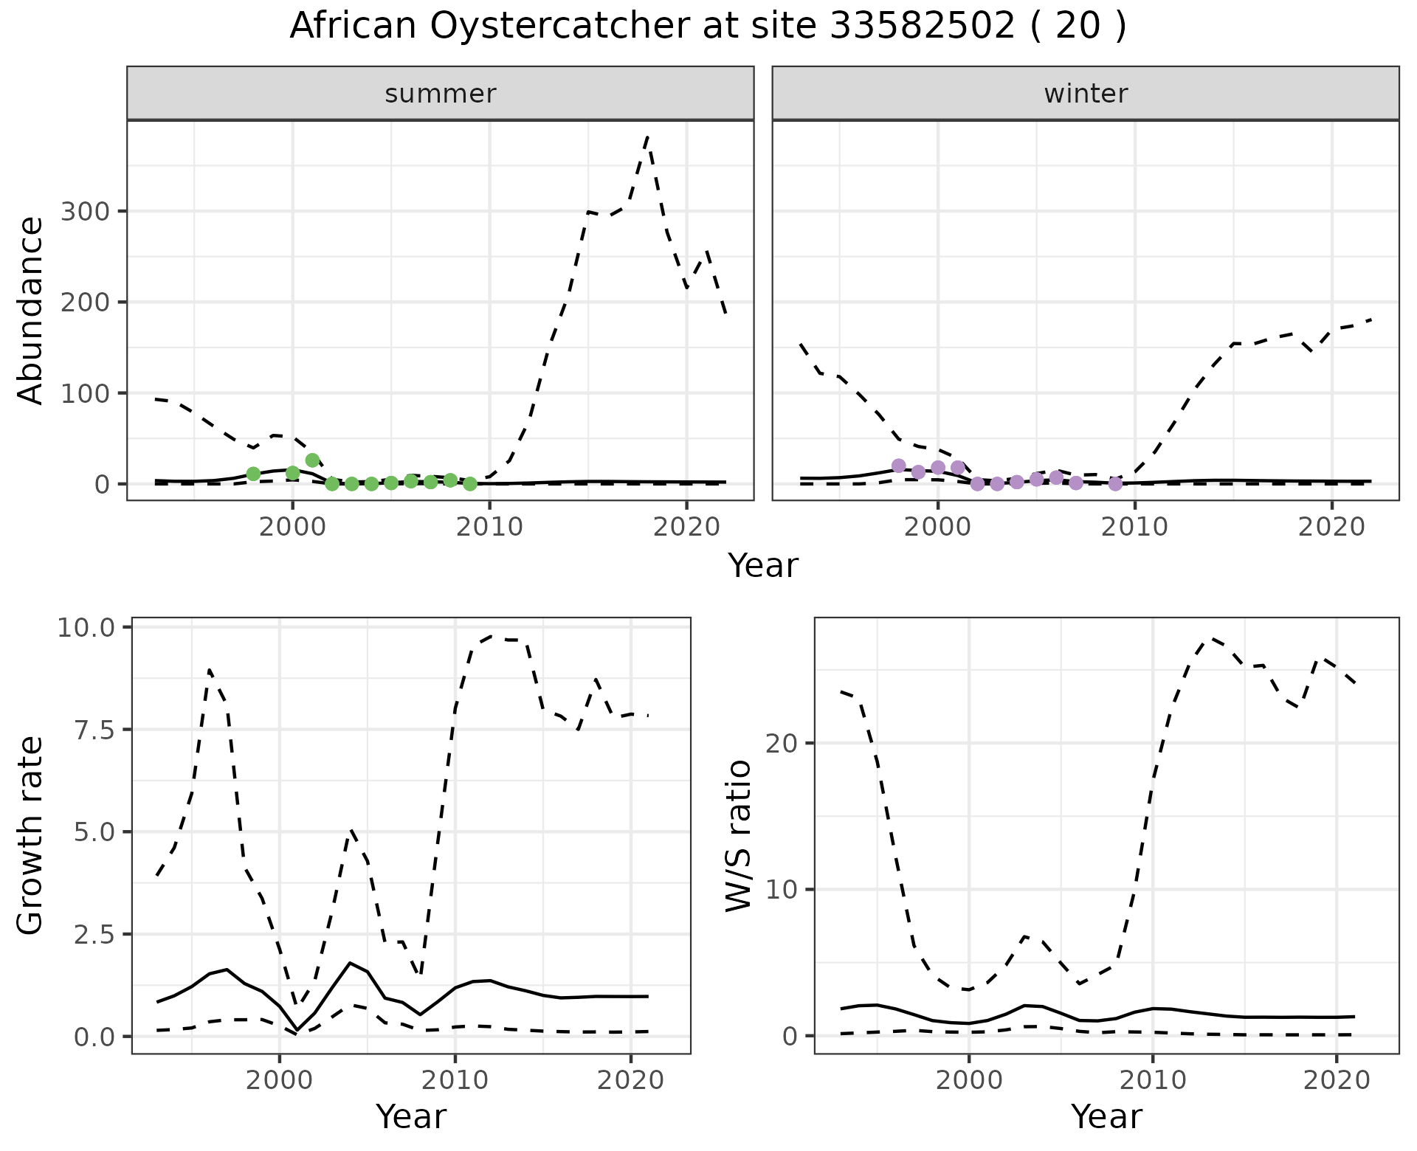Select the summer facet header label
click(x=440, y=94)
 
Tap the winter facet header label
click(x=1085, y=94)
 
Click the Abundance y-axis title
click(x=31, y=310)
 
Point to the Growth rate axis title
click(x=31, y=836)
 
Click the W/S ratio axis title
click(x=738, y=836)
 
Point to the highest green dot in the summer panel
click(x=312, y=460)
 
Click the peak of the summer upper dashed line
click(x=647, y=137)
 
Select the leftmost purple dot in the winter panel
click(x=898, y=466)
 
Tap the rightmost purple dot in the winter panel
click(x=1115, y=484)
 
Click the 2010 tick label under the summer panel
click(x=489, y=527)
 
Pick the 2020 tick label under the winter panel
click(x=1332, y=527)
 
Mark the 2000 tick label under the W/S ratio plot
click(x=969, y=1081)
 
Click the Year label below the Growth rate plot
click(x=411, y=1116)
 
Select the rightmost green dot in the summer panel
click(x=469, y=484)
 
